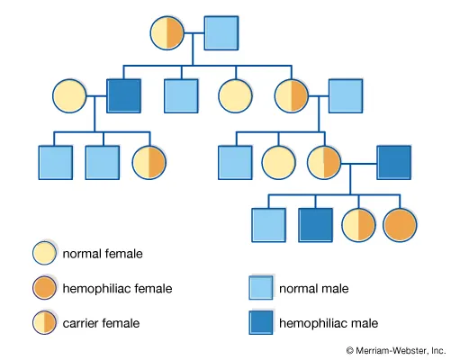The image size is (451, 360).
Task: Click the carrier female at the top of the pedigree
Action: click(x=167, y=32)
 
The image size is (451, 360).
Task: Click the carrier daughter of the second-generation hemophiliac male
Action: click(x=149, y=161)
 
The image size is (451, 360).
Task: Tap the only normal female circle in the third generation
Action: click(x=279, y=161)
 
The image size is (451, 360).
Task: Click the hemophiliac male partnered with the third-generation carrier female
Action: click(x=394, y=161)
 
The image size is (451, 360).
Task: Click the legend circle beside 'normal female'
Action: click(x=45, y=255)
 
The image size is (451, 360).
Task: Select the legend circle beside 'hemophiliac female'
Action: click(x=45, y=288)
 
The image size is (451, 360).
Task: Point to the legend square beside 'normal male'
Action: click(x=260, y=289)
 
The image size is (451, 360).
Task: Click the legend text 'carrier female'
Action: click(x=100, y=322)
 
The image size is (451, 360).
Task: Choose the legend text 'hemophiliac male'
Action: click(x=328, y=322)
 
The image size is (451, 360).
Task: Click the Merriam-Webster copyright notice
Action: click(x=395, y=349)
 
